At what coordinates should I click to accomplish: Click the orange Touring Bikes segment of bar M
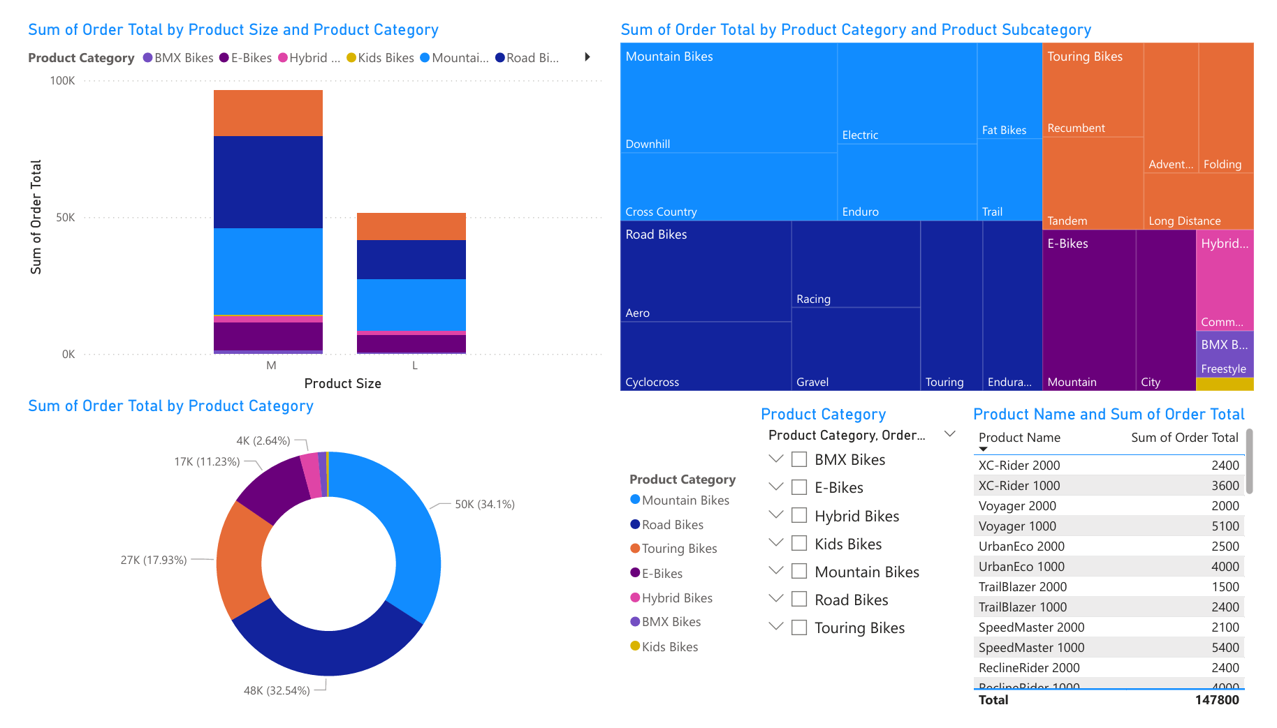point(268,113)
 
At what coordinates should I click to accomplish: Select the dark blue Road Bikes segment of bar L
point(411,260)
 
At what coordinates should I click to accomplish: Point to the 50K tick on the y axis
point(65,218)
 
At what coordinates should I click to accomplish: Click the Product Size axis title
point(342,383)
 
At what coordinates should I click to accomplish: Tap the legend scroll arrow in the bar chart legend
point(587,57)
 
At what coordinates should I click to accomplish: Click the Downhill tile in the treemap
point(728,98)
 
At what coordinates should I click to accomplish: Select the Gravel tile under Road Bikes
point(855,349)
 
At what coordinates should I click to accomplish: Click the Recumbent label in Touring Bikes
point(1076,128)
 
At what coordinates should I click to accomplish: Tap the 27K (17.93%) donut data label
point(154,560)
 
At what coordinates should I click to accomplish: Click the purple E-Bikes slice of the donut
point(272,489)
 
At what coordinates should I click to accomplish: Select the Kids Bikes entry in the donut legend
point(669,647)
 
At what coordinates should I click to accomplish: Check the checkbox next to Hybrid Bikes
point(799,516)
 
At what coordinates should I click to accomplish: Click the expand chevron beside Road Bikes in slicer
point(775,599)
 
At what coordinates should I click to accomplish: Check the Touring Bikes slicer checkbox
point(799,627)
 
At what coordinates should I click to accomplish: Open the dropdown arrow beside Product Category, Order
point(949,434)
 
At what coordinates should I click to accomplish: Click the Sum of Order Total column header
point(1184,438)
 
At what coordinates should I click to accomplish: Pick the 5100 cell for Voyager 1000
point(1225,526)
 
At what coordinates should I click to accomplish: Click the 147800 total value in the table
point(1216,700)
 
